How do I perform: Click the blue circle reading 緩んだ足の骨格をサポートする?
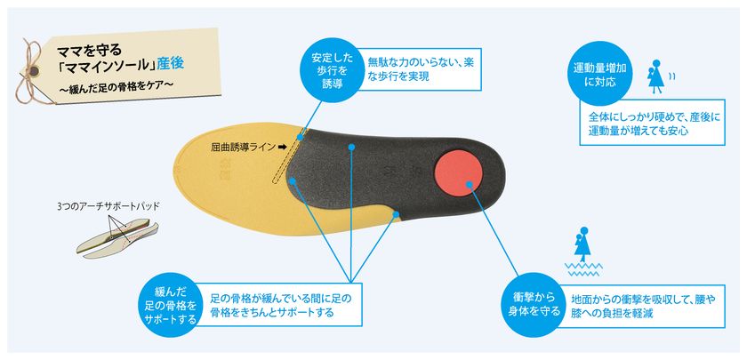(x=169, y=304)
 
